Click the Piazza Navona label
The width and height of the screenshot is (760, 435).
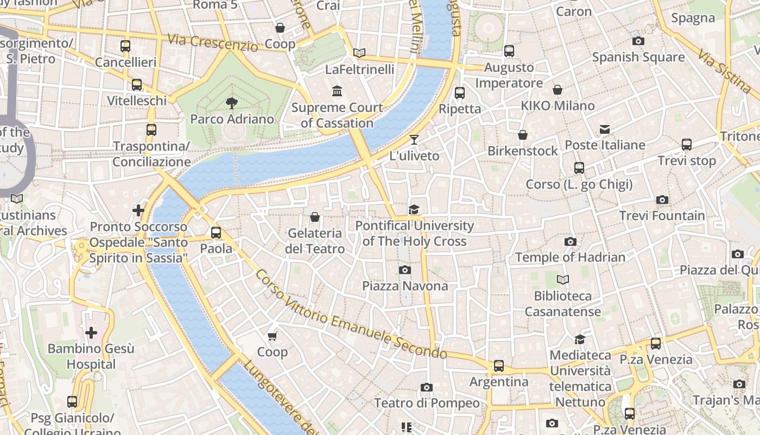coord(405,286)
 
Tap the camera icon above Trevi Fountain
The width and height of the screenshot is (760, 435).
coord(662,200)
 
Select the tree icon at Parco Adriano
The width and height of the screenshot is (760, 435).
coord(232,103)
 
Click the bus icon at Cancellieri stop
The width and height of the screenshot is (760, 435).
coord(125,46)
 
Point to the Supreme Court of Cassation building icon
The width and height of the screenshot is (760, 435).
coord(337,91)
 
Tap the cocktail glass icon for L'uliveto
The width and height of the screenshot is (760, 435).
coord(414,140)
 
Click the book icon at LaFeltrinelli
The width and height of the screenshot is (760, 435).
coord(359,53)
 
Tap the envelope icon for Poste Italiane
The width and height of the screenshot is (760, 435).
coord(605,129)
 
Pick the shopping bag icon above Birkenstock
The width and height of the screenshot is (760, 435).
coord(523,135)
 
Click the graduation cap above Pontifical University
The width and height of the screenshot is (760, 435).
coord(414,209)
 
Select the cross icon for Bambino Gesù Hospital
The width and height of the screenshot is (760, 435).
coord(91,332)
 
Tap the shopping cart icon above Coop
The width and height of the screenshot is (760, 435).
coord(273,337)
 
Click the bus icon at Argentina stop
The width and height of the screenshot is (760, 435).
coord(499,366)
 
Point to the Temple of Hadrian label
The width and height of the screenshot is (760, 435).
coord(570,257)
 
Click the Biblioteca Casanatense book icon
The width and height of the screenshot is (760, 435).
coord(563,280)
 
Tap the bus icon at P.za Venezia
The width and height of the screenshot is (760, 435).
coord(656,344)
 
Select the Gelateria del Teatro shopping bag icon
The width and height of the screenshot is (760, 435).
coord(315,217)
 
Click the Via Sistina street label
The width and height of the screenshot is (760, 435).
coord(725,71)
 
